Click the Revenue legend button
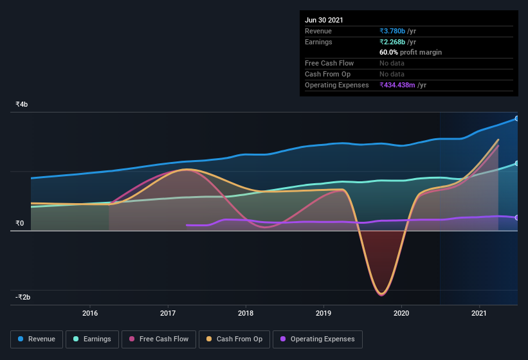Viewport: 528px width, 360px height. (x=37, y=339)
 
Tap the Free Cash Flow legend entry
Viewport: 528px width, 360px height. (x=159, y=339)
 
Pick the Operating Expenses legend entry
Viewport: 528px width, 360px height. (x=317, y=339)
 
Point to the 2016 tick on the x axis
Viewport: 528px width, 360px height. (x=90, y=313)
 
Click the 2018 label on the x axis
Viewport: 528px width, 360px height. (x=246, y=313)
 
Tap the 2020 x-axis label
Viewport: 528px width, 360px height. (x=402, y=313)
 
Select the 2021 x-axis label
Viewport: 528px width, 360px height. (x=479, y=313)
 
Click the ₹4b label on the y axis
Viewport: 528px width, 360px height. (x=22, y=104)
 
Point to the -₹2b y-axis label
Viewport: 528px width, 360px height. (x=23, y=297)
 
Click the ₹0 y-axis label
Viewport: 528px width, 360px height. (x=19, y=224)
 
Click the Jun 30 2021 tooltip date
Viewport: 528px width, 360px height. (x=324, y=20)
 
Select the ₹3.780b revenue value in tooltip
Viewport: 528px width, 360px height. (x=392, y=31)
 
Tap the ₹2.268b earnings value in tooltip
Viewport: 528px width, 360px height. (x=392, y=42)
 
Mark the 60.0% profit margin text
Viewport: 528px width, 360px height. (x=410, y=52)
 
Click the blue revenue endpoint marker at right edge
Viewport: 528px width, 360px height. (x=517, y=118)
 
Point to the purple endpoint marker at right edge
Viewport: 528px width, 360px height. (x=517, y=217)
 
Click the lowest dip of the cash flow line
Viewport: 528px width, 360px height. (x=381, y=294)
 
